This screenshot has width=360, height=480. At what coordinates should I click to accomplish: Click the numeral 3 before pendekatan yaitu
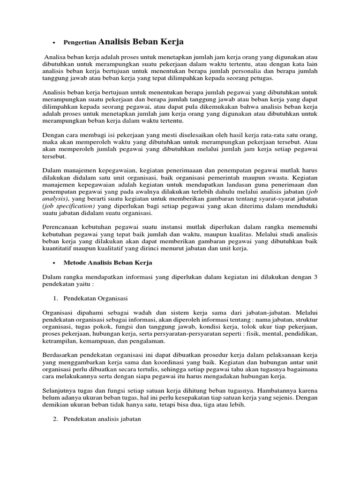pos(316,277)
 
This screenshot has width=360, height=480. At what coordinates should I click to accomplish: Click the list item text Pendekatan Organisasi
pos(98,298)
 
